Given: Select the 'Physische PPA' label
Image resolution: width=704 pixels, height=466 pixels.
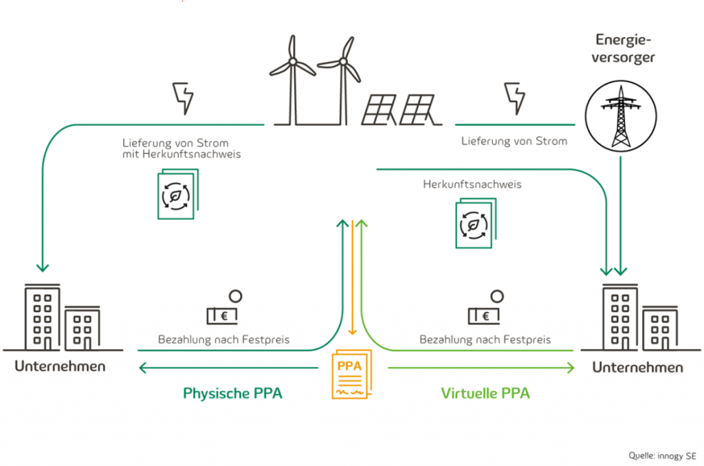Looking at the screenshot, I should [232, 393].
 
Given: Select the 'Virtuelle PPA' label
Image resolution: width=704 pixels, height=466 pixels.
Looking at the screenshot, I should [485, 393].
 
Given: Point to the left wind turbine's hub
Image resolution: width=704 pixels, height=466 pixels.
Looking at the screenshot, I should [293, 62].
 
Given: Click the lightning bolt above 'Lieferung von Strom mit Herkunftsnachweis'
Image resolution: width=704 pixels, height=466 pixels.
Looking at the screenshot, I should [182, 98].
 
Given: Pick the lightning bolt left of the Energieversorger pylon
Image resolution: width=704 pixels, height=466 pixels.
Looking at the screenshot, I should [514, 98].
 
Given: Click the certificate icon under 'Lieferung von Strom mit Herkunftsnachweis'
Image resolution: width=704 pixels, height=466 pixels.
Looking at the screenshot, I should [177, 196].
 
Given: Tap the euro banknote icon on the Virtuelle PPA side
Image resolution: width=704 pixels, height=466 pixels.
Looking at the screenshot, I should [485, 315].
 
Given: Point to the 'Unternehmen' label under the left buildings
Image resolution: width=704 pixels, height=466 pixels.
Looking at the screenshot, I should [60, 366].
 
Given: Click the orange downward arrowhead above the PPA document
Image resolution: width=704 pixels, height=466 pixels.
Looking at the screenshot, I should [352, 333].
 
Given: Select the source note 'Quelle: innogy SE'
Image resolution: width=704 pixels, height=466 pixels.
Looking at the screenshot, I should [662, 455].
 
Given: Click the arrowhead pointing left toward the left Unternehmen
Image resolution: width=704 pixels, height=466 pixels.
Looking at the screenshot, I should [142, 369].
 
